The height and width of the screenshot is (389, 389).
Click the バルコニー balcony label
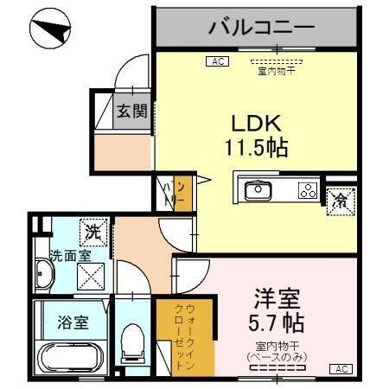[259, 28]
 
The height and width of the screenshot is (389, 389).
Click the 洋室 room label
[276, 302]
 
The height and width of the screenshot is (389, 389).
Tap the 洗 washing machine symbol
[92, 233]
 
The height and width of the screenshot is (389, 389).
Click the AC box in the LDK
[216, 61]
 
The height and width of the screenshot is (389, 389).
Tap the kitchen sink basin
[257, 191]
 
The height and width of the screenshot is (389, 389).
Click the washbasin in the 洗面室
[44, 277]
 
